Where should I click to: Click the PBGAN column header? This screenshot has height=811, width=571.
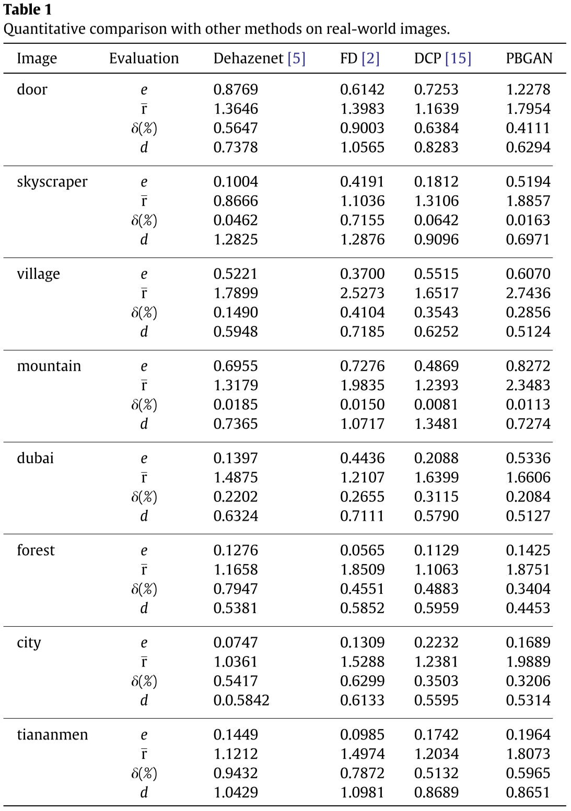coord(529,58)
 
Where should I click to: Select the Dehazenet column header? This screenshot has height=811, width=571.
coord(248,58)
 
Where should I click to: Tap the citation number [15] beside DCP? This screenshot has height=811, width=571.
coord(458,58)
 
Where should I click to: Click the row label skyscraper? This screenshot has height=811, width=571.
coord(52,182)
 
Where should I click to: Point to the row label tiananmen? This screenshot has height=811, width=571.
coord(52,735)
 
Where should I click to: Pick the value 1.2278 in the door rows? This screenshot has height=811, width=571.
coord(528,89)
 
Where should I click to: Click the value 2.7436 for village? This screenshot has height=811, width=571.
coord(528,293)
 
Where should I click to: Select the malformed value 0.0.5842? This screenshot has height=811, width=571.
coord(241,700)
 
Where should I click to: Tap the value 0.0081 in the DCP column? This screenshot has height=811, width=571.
coord(436,405)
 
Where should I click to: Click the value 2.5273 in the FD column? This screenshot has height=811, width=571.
coord(362,293)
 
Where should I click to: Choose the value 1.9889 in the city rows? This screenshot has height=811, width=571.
coord(528,662)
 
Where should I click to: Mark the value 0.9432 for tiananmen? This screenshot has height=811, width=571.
coord(236,773)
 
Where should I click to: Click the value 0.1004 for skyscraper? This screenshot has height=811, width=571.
coord(236,182)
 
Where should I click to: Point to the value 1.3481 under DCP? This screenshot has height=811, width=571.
coord(436,424)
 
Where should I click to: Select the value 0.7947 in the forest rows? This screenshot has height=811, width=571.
coord(236,589)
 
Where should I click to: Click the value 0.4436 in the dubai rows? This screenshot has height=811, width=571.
coord(362,458)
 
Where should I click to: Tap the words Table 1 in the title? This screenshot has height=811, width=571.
coord(28,10)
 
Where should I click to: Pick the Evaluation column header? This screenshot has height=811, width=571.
coord(144,58)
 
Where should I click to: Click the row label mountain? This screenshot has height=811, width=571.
coord(49,366)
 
